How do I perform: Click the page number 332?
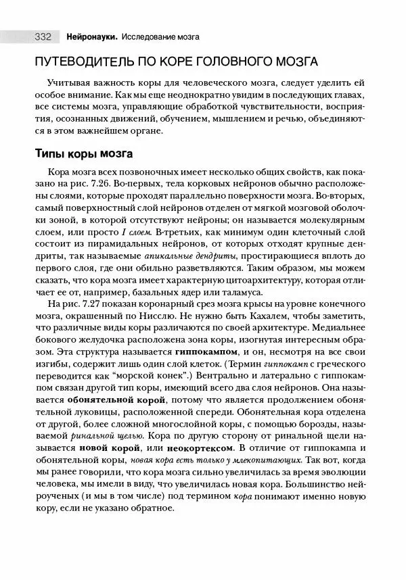(44, 35)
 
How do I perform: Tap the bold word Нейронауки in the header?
(93, 35)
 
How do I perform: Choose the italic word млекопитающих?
(254, 459)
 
